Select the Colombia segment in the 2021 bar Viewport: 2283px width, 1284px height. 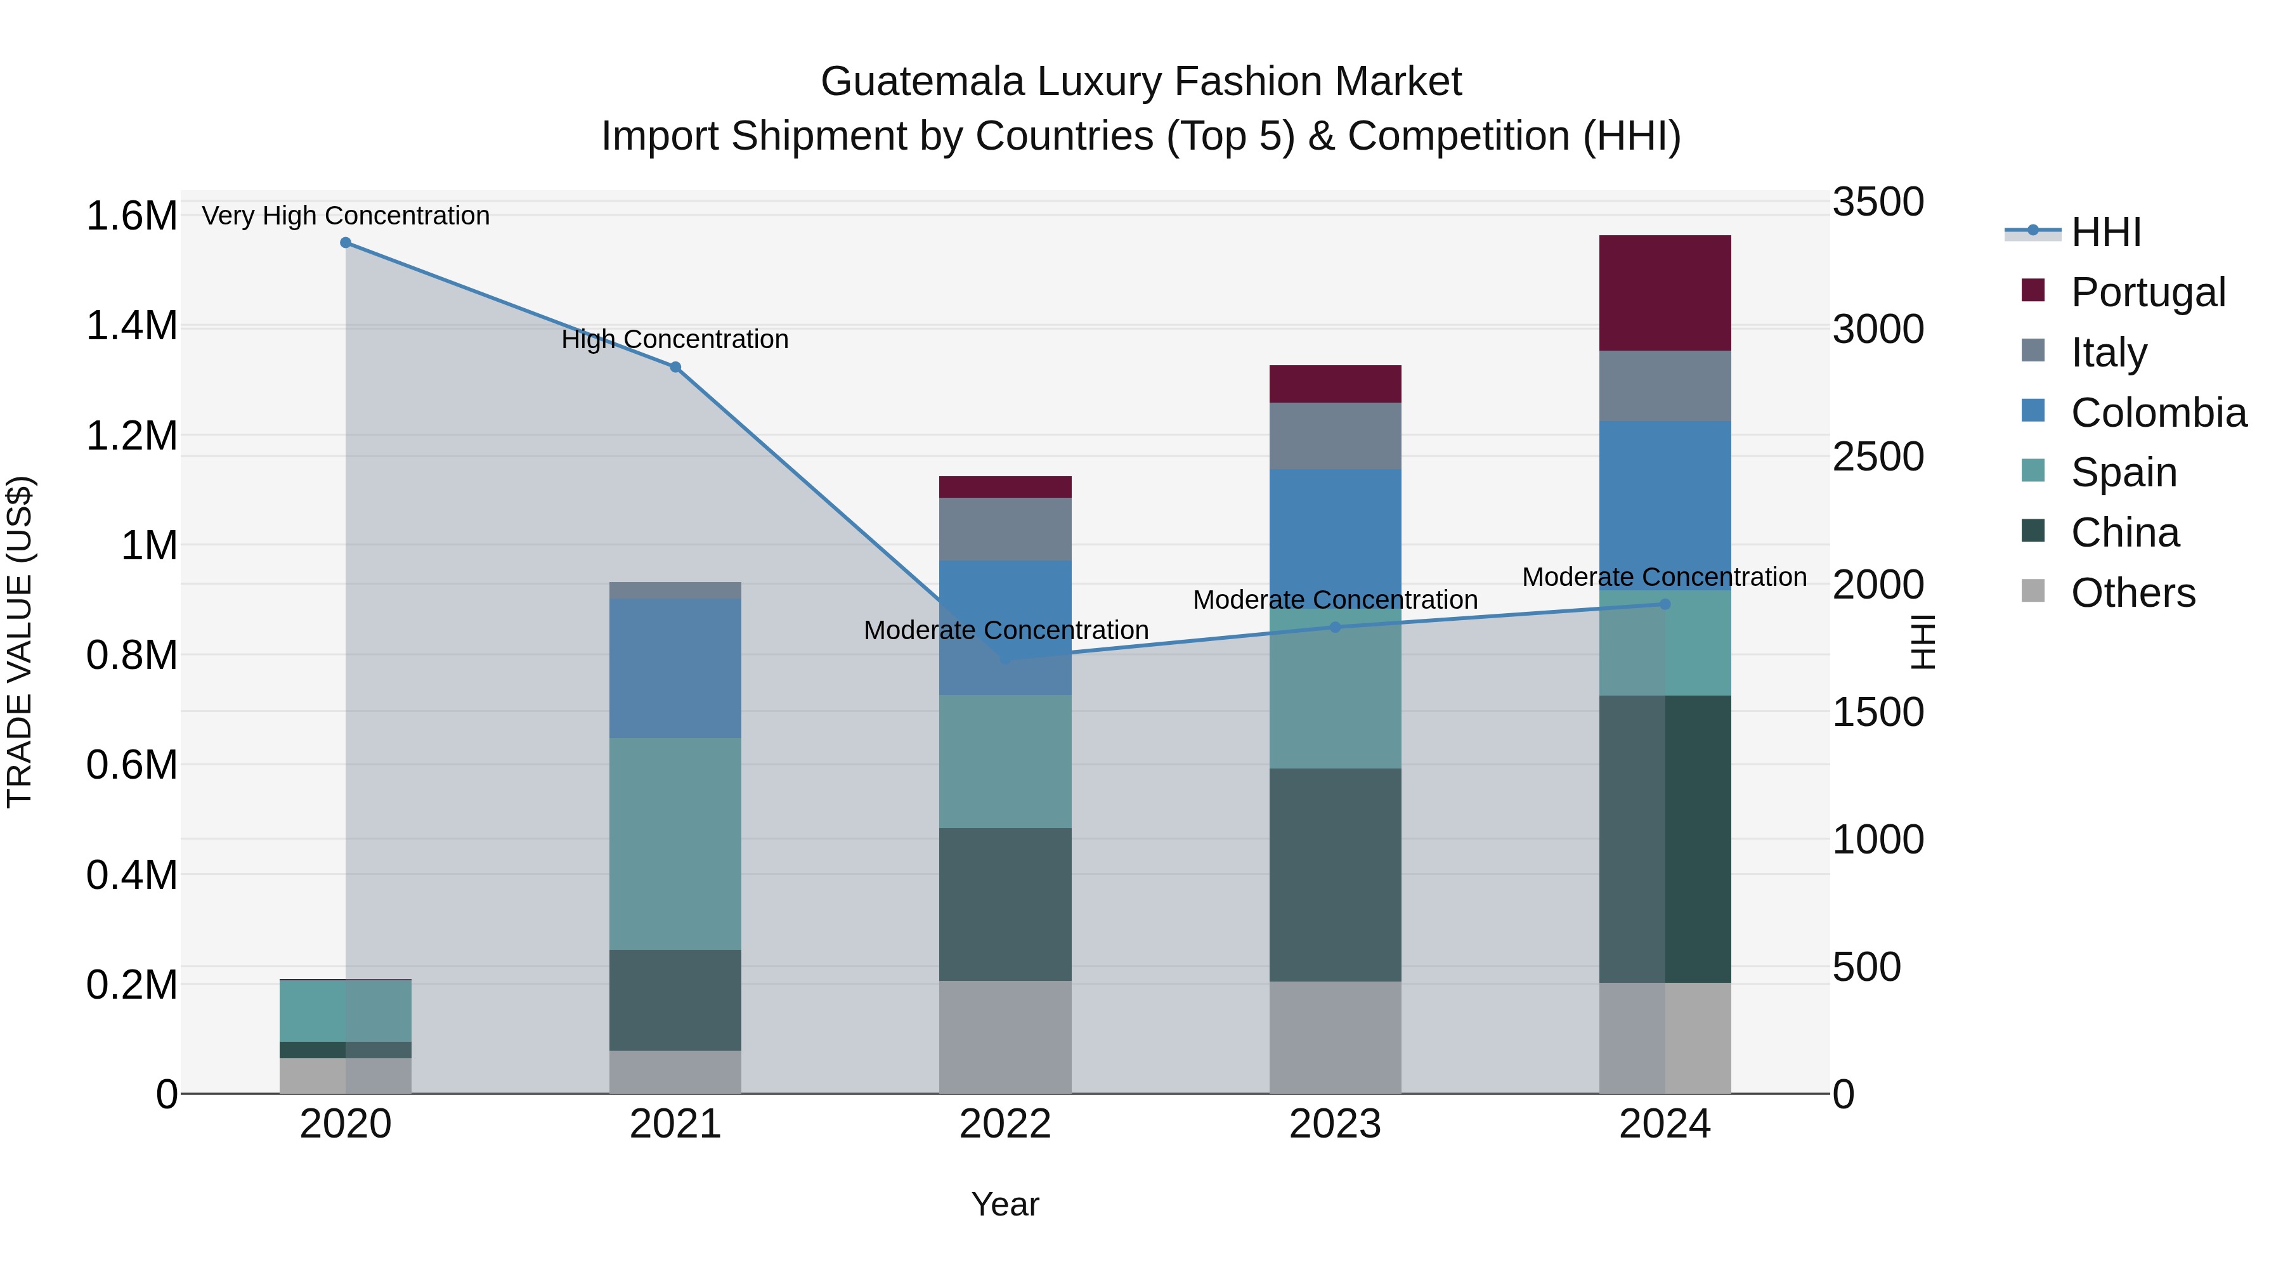pyautogui.click(x=675, y=668)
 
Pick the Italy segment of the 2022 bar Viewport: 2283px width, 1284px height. pyautogui.click(x=1005, y=529)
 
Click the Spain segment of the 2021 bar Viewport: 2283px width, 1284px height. pyautogui.click(x=675, y=843)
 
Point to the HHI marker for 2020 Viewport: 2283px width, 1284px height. pyautogui.click(x=346, y=243)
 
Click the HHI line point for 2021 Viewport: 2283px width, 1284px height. pyautogui.click(x=675, y=367)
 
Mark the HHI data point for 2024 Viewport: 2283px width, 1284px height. pyautogui.click(x=1665, y=604)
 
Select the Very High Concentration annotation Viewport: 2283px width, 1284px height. pyautogui.click(x=346, y=216)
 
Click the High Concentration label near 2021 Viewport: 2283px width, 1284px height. pyautogui.click(x=675, y=339)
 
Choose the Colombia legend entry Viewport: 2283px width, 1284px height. pyautogui.click(x=2158, y=413)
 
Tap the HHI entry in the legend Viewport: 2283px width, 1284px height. pyautogui.click(x=2105, y=232)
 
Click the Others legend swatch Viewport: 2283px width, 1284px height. pyautogui.click(x=2033, y=591)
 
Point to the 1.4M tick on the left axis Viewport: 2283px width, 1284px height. pyautogui.click(x=131, y=326)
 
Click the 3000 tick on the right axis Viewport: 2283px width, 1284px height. pyautogui.click(x=1878, y=330)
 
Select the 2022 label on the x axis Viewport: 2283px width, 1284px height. pyautogui.click(x=1005, y=1124)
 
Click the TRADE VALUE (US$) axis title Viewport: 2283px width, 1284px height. pyautogui.click(x=20, y=642)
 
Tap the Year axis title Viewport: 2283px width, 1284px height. pyautogui.click(x=1005, y=1204)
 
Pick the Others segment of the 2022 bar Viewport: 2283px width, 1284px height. pyautogui.click(x=1005, y=1037)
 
